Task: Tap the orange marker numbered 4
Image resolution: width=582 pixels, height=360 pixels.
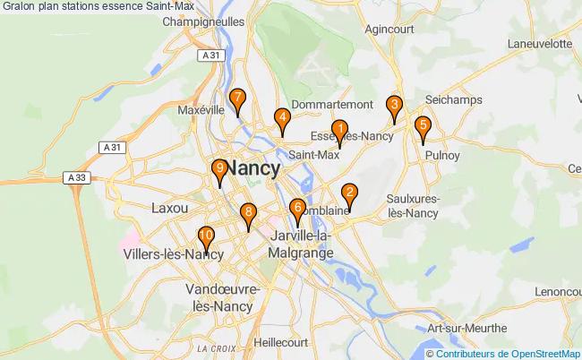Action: (x=282, y=119)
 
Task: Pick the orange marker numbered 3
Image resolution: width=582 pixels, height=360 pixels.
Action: (x=394, y=106)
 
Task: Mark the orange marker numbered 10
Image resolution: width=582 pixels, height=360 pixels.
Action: (x=206, y=238)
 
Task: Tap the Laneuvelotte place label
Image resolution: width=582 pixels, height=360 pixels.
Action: (x=539, y=43)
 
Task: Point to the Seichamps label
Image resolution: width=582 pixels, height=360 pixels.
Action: (x=455, y=99)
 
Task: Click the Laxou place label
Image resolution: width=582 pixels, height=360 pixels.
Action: (x=169, y=208)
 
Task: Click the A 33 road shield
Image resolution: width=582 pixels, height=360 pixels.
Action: (x=78, y=179)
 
